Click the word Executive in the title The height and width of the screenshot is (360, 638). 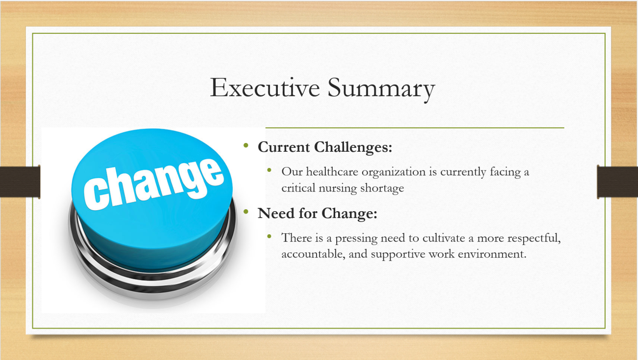[265, 87]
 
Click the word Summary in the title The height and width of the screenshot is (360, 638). [381, 89]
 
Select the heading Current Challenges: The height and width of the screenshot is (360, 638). [325, 147]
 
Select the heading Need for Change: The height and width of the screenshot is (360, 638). [318, 213]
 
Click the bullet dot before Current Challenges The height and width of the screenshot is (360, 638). [246, 146]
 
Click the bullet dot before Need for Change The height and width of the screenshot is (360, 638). [246, 212]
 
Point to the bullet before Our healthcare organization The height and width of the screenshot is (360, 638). [269, 170]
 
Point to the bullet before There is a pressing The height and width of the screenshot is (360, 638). [269, 236]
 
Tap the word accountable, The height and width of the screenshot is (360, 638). [313, 254]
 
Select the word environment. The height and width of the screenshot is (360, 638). [492, 254]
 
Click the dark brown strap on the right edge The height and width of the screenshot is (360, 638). [617, 182]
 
